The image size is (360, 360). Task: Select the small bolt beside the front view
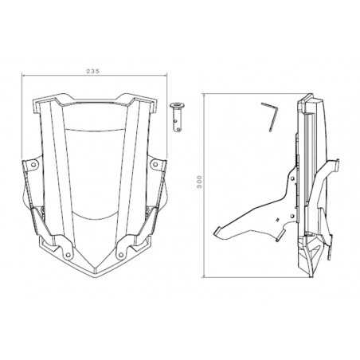pyautogui.click(x=176, y=112)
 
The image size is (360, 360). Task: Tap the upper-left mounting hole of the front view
pyautogui.click(x=33, y=165)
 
